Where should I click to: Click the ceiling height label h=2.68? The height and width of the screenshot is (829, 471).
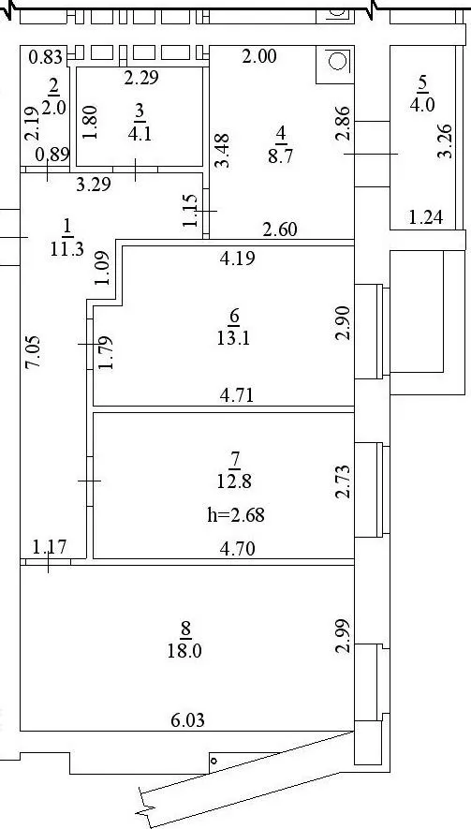pos(236,514)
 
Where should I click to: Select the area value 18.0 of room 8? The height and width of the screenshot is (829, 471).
pos(184,650)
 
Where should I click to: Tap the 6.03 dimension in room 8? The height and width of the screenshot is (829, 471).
pos(187,719)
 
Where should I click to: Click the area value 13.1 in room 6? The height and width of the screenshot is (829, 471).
pos(234,338)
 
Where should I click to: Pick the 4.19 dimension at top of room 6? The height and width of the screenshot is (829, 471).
pos(238,258)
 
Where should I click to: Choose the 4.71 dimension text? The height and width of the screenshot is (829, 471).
pos(236,395)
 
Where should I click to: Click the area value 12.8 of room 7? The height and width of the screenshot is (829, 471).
pos(234,481)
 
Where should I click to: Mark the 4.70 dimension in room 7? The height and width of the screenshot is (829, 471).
pos(237,549)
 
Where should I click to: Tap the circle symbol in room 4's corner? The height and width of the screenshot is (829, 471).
pos(335,61)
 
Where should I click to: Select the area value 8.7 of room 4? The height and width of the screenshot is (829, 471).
pos(281,156)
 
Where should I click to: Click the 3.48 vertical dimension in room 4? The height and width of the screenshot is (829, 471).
pos(223,151)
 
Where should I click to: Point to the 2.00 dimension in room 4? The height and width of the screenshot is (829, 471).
pos(259,56)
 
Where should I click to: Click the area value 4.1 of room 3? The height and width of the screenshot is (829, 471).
pos(140,133)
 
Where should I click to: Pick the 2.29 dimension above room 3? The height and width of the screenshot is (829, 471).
pos(141,78)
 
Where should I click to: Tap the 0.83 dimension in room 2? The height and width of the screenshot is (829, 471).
pos(46,56)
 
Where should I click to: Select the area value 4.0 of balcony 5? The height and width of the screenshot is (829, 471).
pos(421,104)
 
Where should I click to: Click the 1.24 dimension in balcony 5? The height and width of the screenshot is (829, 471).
pos(425,217)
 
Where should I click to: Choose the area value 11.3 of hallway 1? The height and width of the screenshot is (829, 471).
pos(67,248)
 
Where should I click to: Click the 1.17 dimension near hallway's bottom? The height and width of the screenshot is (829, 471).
pos(50,546)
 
